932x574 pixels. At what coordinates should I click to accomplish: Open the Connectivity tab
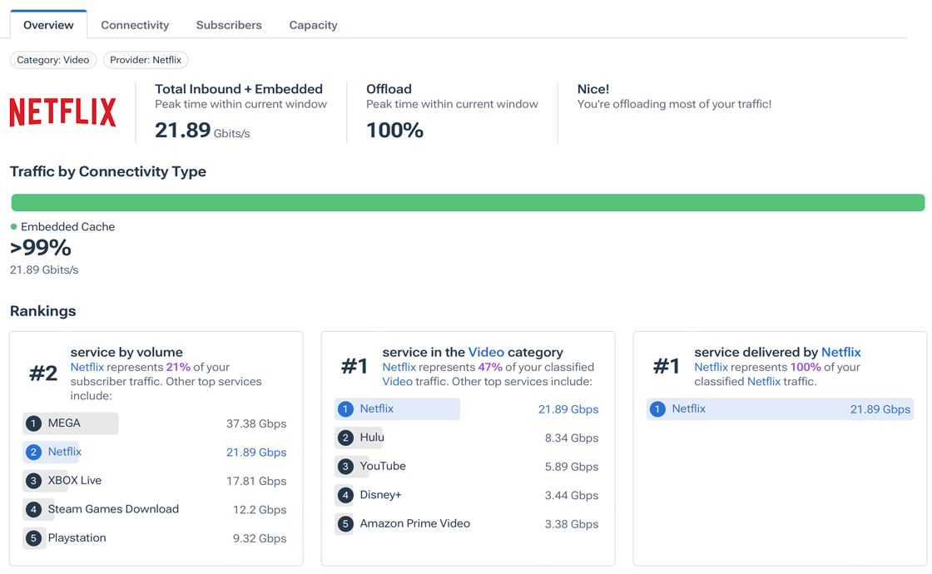pyautogui.click(x=135, y=25)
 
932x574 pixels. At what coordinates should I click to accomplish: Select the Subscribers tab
pyautogui.click(x=229, y=25)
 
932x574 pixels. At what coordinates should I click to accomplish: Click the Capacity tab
pyautogui.click(x=313, y=25)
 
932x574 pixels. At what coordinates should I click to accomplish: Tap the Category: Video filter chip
pyautogui.click(x=53, y=60)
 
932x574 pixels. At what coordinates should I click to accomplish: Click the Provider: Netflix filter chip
pyautogui.click(x=146, y=60)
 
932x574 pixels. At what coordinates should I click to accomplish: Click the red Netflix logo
pyautogui.click(x=63, y=112)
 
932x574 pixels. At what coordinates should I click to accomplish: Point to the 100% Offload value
pyautogui.click(x=395, y=131)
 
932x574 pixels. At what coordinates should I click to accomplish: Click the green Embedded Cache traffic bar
pyautogui.click(x=468, y=203)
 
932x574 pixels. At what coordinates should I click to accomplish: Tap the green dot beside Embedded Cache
pyautogui.click(x=13, y=226)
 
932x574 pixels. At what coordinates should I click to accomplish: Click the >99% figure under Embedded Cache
pyautogui.click(x=41, y=248)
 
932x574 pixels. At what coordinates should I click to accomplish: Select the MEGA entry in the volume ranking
pyautogui.click(x=64, y=423)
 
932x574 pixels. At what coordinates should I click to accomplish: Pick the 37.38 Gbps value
pyautogui.click(x=256, y=423)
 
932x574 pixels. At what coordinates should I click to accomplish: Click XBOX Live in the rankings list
pyautogui.click(x=74, y=481)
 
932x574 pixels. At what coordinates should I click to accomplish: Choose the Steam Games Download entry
pyautogui.click(x=113, y=509)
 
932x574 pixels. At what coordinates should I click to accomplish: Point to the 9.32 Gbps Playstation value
pyautogui.click(x=260, y=538)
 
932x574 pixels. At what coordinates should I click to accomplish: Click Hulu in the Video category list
pyautogui.click(x=372, y=438)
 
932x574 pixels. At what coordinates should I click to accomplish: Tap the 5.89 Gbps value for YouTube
pyautogui.click(x=572, y=467)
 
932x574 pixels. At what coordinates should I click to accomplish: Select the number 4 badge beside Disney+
pyautogui.click(x=345, y=495)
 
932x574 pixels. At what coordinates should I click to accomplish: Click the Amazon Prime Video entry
pyautogui.click(x=414, y=524)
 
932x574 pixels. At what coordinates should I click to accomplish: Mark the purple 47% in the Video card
pyautogui.click(x=490, y=367)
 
